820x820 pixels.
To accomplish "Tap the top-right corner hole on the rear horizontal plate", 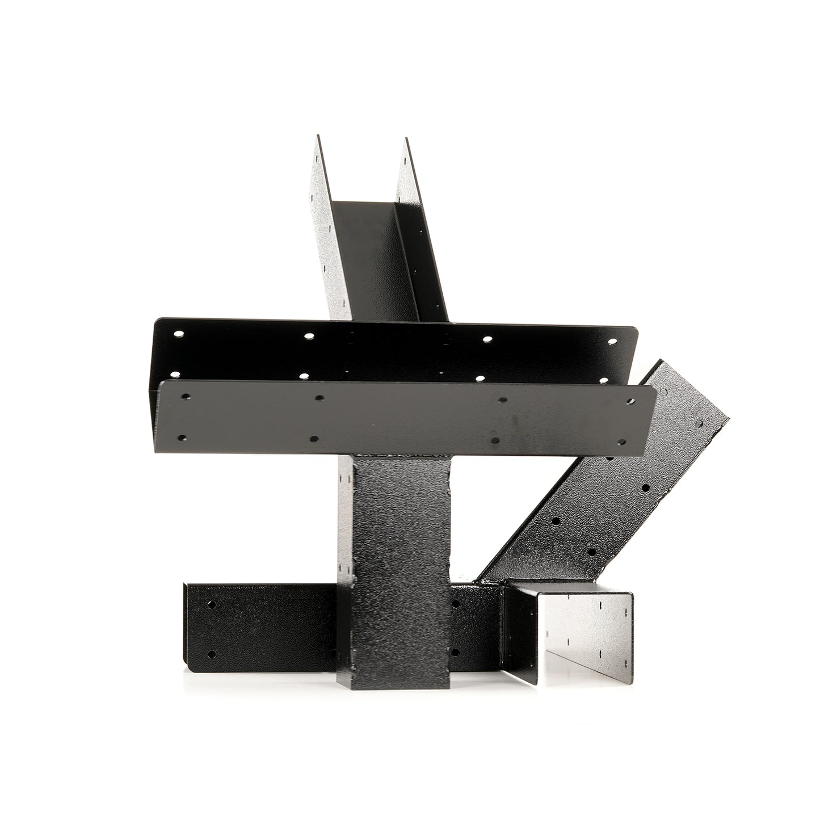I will coord(613,342).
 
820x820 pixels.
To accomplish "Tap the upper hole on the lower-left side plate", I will coord(212,605).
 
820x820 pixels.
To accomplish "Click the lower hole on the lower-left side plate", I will coord(212,654).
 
